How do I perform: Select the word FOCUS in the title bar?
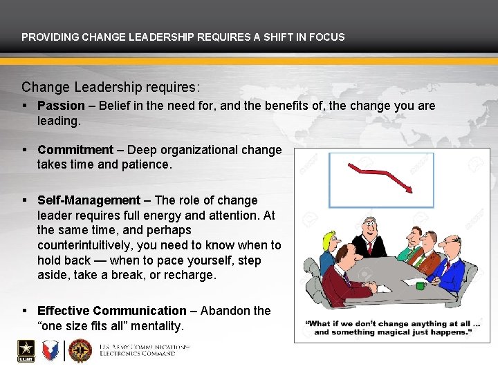point(329,37)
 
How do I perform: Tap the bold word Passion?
point(61,106)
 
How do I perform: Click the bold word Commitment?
point(75,150)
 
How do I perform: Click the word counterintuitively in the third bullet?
point(84,245)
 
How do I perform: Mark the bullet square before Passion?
point(25,106)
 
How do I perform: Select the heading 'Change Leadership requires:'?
point(111,88)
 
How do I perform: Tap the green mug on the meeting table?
point(420,285)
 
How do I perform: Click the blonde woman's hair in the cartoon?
point(327,242)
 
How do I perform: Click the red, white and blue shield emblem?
point(51,350)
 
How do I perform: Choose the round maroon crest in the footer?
point(80,351)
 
